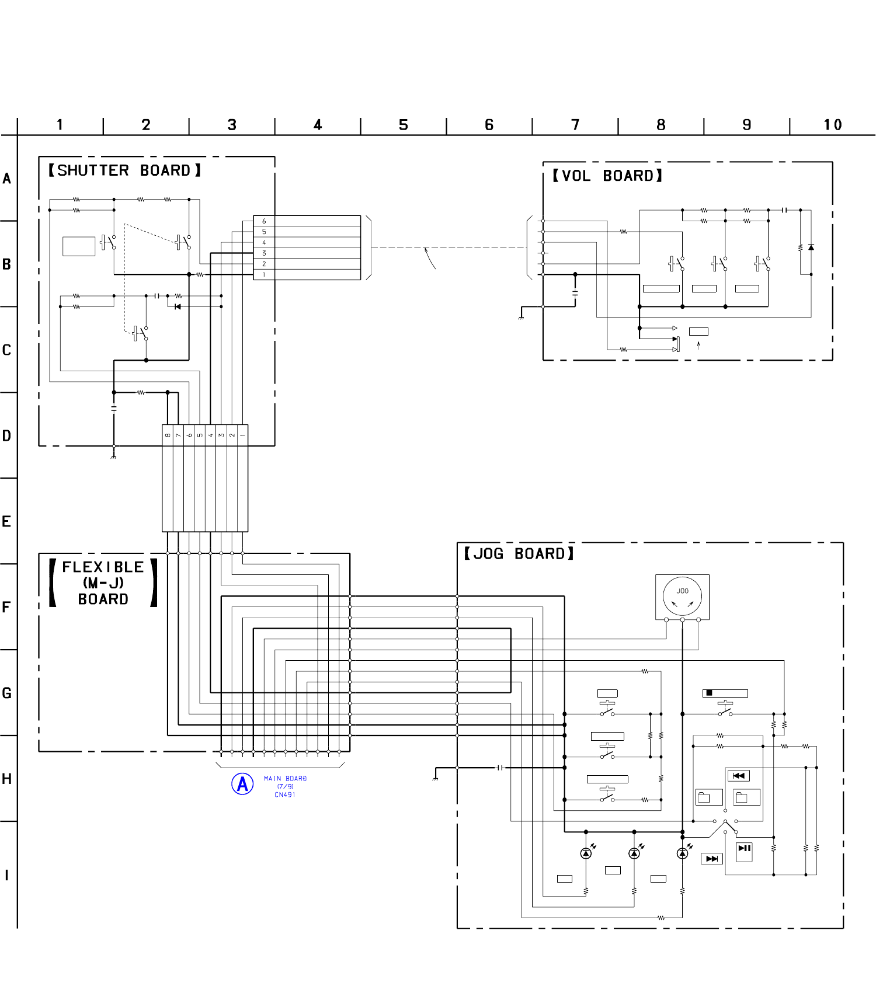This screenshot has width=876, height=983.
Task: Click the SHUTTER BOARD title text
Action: pos(124,170)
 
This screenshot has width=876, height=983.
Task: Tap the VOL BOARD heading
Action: pos(607,176)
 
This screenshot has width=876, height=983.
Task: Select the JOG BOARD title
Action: pos(519,553)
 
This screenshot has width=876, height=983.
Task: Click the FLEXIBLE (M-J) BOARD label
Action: pos(103,583)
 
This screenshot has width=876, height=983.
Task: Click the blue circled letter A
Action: pos(242,784)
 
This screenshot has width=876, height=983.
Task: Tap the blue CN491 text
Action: pos(285,794)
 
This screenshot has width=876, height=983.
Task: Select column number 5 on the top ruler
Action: pos(404,125)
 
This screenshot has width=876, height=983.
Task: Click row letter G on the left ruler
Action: pos(7,693)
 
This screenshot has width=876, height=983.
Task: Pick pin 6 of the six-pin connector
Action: pos(264,221)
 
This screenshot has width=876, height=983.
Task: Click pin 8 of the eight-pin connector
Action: pos(168,435)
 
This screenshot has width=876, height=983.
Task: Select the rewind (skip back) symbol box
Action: pos(738,776)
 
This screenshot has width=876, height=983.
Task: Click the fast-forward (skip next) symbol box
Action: pos(712,859)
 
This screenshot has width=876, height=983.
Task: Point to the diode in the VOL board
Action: pos(811,248)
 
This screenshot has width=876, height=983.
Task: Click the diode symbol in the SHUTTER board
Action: pos(178,306)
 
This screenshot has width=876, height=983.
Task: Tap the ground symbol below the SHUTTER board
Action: pos(113,456)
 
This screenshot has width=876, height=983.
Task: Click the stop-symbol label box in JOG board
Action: pos(725,693)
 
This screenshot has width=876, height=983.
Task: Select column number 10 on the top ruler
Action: pos(833,125)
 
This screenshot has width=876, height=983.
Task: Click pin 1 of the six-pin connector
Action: pos(264,274)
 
